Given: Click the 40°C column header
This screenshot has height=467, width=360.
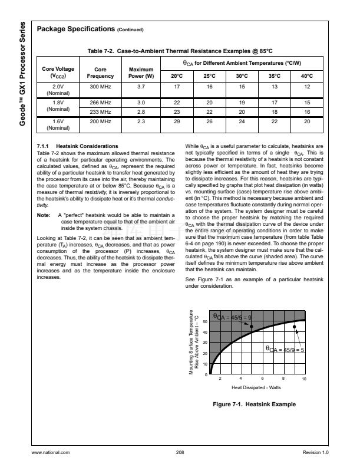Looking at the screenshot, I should tap(307, 76).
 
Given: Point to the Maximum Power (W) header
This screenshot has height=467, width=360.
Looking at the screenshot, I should tap(141, 73).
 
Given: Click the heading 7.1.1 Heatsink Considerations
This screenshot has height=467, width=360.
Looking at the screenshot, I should tap(77, 146).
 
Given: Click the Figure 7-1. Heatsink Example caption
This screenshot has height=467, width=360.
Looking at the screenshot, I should tap(254, 404).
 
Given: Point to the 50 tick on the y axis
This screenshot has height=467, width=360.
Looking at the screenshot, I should tap(204, 321).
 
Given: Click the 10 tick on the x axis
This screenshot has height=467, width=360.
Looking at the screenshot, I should tap(303, 378).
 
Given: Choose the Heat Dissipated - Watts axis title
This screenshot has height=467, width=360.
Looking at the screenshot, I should tap(255, 387).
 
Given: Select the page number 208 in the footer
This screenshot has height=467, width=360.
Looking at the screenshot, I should tap(180, 452).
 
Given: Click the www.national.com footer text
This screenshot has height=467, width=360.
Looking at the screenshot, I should tap(54, 452).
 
